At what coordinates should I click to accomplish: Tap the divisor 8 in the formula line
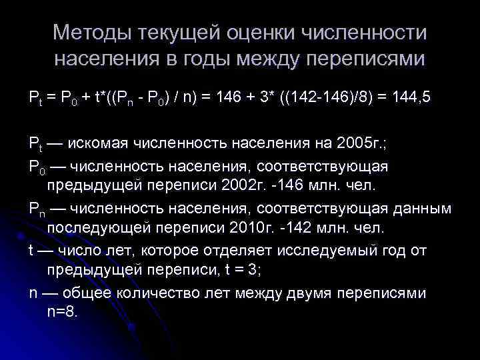point(361,97)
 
